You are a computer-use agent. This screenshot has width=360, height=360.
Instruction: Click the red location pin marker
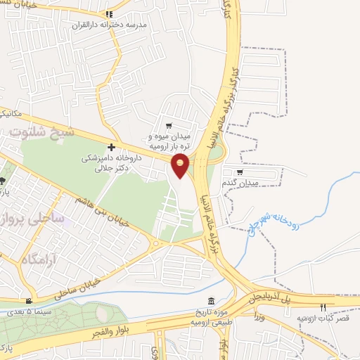181,165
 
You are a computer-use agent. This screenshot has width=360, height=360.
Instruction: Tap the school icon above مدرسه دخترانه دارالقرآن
108,14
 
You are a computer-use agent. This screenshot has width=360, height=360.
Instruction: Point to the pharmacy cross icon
111,147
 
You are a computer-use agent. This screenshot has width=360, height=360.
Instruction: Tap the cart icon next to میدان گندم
240,172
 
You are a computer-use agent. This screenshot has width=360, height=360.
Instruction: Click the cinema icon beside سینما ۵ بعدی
29,300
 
